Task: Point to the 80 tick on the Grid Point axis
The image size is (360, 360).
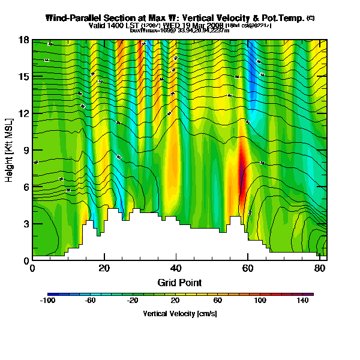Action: click(321, 268)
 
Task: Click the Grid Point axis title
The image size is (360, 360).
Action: click(179, 282)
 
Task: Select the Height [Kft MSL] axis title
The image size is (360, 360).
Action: click(10, 150)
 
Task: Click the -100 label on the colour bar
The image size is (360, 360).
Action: click(47, 301)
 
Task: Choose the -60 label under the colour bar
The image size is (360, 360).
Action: click(91, 301)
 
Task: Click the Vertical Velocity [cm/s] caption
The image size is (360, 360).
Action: click(180, 314)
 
